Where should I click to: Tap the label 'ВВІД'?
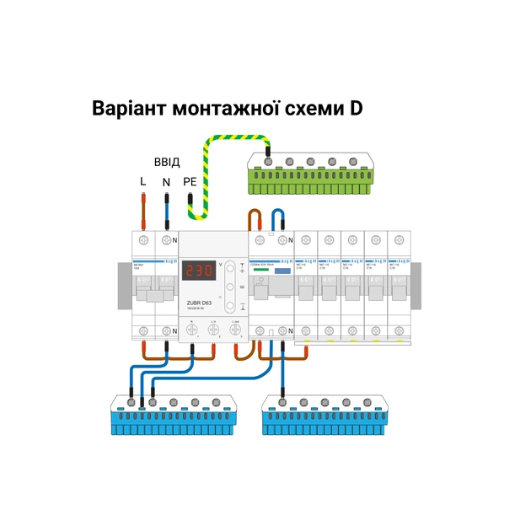[x=166, y=161]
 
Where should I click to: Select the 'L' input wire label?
[x=143, y=181]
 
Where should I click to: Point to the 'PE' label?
[x=190, y=181]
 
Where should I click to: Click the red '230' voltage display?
[x=199, y=271]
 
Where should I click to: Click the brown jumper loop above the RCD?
[x=256, y=220]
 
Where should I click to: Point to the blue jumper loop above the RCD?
[x=282, y=218]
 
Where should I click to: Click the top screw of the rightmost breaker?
[x=398, y=240]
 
